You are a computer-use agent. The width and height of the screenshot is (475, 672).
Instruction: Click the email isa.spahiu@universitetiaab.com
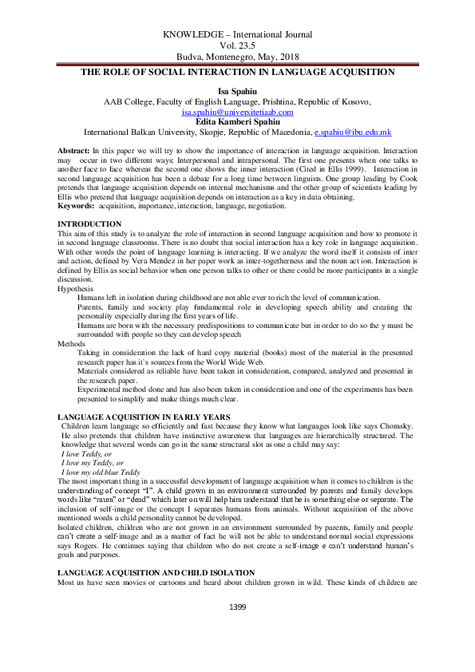coord(237,113)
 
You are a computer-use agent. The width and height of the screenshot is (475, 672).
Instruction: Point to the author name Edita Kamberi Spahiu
coord(237,122)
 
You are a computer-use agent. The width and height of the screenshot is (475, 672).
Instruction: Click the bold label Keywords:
coord(79,206)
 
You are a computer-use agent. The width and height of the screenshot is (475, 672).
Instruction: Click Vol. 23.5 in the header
coord(237,46)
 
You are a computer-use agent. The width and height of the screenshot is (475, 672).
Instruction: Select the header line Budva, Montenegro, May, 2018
coord(237,57)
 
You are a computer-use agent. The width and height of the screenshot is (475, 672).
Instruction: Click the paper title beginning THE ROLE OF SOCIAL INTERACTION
coord(237,73)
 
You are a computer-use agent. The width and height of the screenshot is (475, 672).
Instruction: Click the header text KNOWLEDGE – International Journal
coord(237,35)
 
